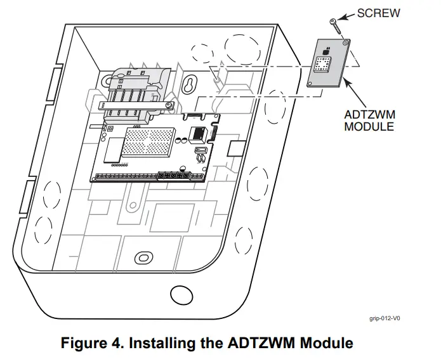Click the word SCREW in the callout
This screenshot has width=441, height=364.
[x=378, y=13]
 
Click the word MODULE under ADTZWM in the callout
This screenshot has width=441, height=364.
[x=369, y=126]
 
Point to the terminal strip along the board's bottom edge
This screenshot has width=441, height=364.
[x=146, y=175]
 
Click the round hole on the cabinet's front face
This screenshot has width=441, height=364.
[x=180, y=293]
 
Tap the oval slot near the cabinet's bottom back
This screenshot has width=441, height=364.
[x=143, y=257]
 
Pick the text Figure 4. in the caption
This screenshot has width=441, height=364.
[x=89, y=344]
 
